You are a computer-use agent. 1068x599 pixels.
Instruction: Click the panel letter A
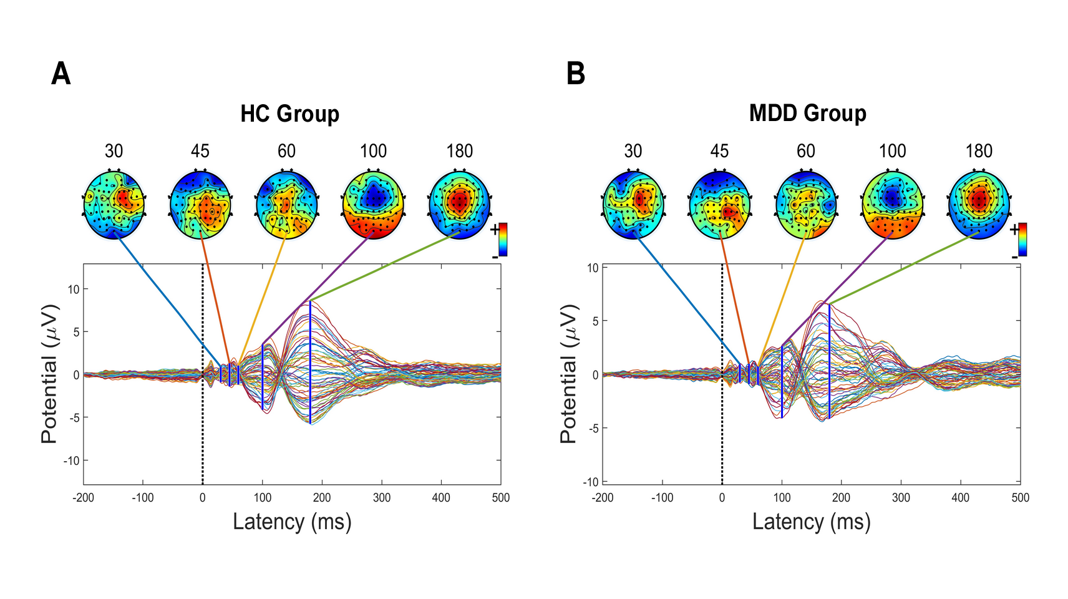click(x=61, y=74)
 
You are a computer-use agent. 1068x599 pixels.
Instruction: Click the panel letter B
click(x=575, y=74)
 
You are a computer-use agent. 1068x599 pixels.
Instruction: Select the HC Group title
click(x=290, y=114)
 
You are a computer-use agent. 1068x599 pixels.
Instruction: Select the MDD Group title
click(x=807, y=114)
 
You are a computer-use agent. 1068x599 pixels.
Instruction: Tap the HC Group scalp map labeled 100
click(x=373, y=203)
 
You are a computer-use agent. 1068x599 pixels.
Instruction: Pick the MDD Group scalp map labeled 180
click(x=979, y=203)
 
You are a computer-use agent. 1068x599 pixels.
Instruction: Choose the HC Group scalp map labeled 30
click(x=114, y=203)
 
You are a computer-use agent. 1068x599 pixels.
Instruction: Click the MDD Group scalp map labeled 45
click(x=719, y=203)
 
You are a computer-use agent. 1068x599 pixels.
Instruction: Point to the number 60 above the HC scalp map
click(x=286, y=151)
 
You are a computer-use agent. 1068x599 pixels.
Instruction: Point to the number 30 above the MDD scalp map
click(x=633, y=151)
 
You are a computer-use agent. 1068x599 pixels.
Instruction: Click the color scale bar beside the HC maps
click(x=503, y=240)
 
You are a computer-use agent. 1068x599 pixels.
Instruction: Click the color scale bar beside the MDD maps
click(x=1022, y=240)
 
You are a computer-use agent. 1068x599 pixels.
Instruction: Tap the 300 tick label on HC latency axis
click(x=382, y=498)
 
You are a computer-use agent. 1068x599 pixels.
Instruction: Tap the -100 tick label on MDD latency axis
click(x=662, y=498)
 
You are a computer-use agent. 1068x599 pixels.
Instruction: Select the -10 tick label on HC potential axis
click(x=72, y=461)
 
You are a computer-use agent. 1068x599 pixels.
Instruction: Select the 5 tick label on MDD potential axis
click(x=595, y=321)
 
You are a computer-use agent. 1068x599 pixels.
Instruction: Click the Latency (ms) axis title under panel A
click(x=292, y=522)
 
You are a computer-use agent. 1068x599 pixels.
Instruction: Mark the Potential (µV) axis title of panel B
click(x=568, y=374)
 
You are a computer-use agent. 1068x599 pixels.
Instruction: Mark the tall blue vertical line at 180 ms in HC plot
click(x=310, y=362)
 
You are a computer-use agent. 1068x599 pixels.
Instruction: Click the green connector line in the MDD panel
click(x=905, y=268)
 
